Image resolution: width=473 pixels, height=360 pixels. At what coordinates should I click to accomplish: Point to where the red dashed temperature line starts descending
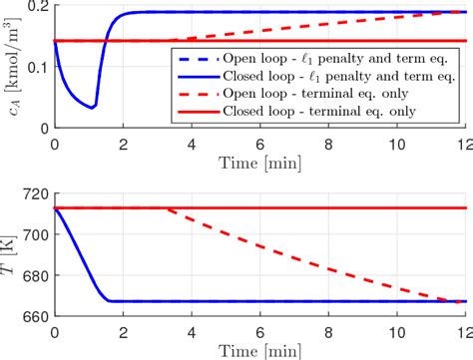click(163, 208)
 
